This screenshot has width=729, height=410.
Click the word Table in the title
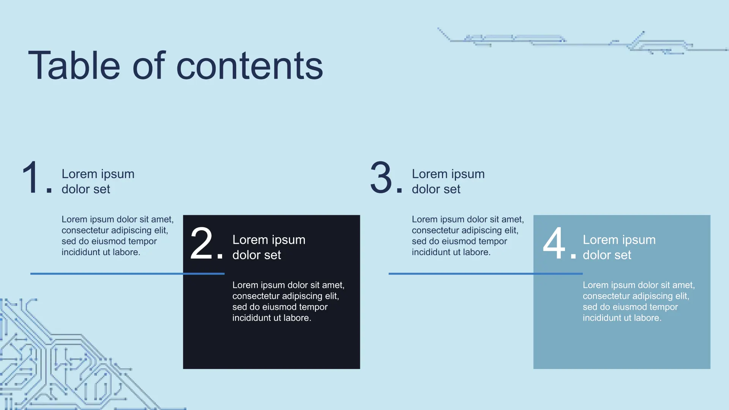[x=74, y=65]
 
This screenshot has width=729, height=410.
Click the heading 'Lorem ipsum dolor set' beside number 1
[x=98, y=181]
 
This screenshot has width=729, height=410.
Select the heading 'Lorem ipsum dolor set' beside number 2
[x=269, y=247]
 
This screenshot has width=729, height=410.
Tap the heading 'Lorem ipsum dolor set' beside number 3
[x=448, y=181]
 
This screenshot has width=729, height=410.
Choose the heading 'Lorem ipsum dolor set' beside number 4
[x=619, y=247]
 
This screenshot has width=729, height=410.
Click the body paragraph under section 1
[x=118, y=236]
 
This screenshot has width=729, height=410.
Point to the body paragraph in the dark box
[x=289, y=301]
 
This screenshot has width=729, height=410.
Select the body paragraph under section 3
[x=468, y=236]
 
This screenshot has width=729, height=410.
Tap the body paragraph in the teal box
[x=639, y=301]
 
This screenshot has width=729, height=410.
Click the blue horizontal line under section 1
[x=128, y=273]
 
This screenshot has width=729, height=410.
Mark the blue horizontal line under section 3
[x=486, y=273]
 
